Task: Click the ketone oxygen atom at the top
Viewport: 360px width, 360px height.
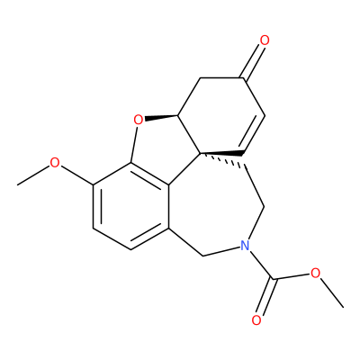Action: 265,40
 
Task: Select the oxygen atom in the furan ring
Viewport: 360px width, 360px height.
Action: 138,120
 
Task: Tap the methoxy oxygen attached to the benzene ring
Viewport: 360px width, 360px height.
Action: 55,163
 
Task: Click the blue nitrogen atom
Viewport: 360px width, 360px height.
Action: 245,246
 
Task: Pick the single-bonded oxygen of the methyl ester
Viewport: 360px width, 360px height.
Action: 315,273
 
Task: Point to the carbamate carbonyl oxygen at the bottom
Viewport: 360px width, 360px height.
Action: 256,320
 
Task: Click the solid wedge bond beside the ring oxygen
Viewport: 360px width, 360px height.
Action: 161,117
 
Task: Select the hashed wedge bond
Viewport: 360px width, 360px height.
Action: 222,158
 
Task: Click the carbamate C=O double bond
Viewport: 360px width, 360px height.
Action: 265,297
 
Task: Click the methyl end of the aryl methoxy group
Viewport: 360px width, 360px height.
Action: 18,184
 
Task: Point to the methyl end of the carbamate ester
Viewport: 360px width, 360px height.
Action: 343,307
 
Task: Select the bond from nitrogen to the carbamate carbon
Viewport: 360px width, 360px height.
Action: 261,265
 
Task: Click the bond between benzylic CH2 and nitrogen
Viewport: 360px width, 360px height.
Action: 221,252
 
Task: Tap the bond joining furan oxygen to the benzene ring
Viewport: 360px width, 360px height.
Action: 134,145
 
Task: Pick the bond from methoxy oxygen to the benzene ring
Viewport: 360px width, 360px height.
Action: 76,175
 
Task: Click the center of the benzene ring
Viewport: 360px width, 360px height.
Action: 131,206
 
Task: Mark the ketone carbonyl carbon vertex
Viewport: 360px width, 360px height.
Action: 242,78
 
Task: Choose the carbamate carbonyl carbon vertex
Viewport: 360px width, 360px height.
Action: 273,280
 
